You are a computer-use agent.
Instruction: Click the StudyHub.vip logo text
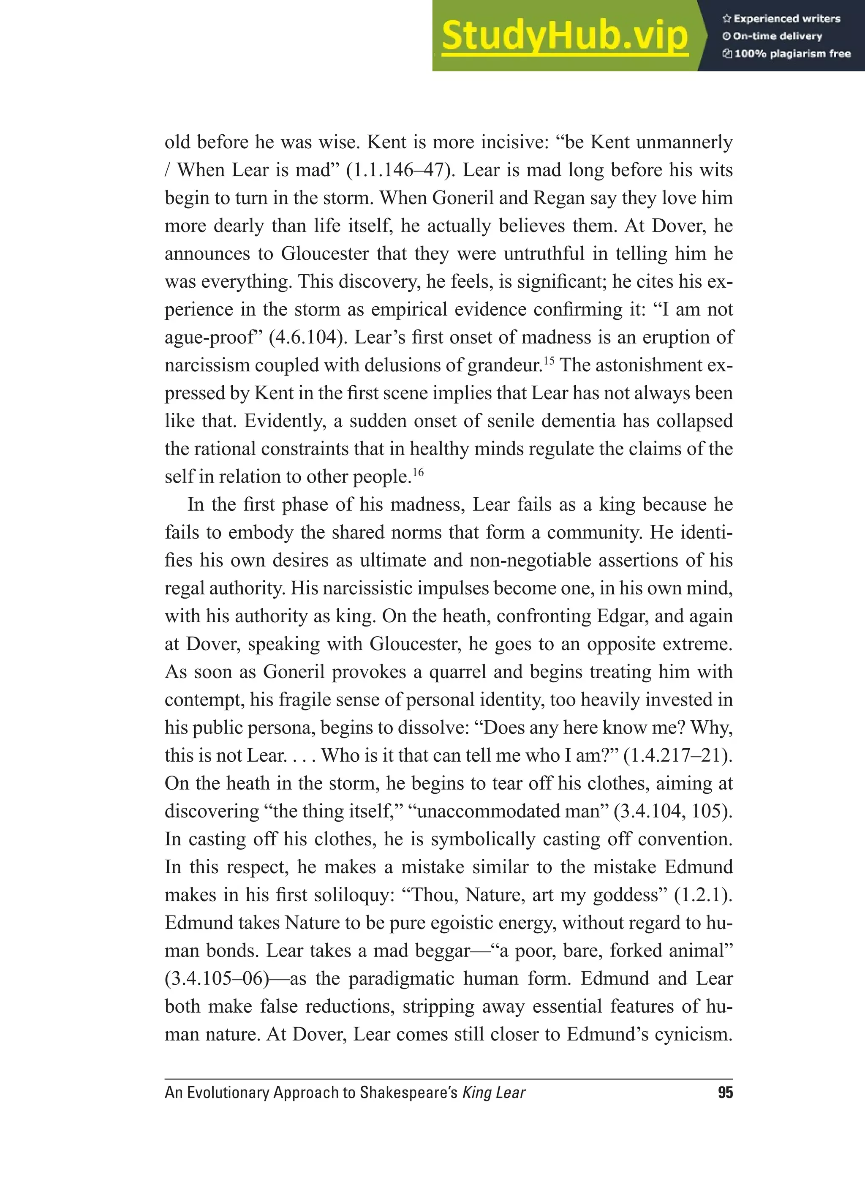click(x=565, y=36)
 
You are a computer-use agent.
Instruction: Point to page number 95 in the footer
click(x=725, y=1092)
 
